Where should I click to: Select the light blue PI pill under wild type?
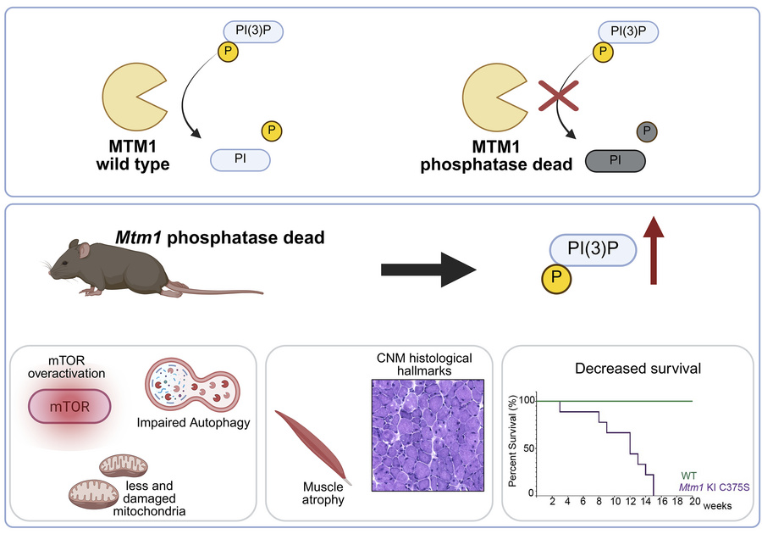(x=240, y=159)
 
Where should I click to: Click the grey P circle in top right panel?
(x=647, y=131)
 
